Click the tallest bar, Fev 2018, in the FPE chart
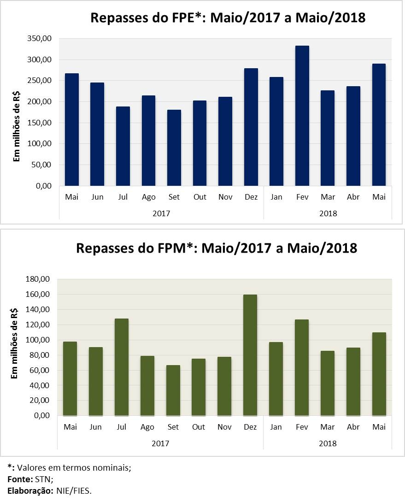[302, 115]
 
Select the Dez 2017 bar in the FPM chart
[250, 355]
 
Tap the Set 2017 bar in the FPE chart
[174, 148]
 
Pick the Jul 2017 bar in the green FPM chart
[122, 367]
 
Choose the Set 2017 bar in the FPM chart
[173, 390]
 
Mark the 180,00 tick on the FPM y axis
[39, 279]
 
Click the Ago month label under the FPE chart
[148, 197]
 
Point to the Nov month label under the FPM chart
[225, 427]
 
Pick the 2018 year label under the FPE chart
[328, 213]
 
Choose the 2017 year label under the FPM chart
[160, 443]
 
